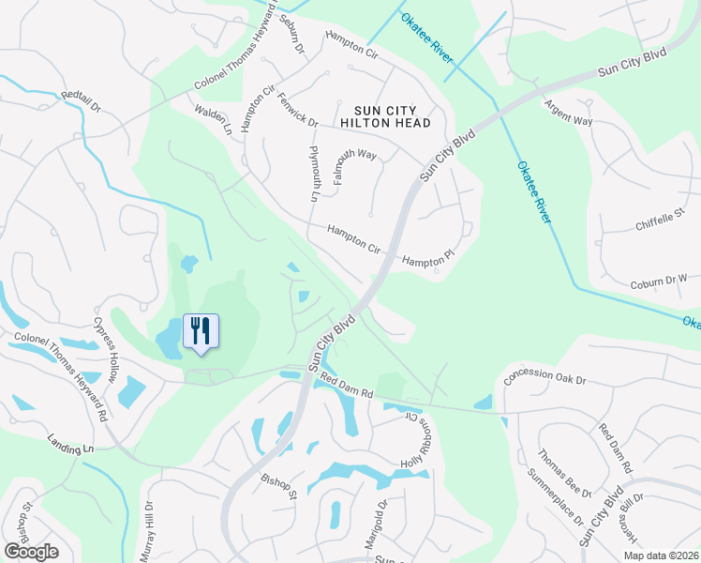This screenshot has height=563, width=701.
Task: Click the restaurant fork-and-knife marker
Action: [200, 331]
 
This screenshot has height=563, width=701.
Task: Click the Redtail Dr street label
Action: [81, 101]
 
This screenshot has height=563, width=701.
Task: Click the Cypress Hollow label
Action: [105, 348]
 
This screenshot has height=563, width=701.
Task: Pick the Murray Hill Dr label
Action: [147, 531]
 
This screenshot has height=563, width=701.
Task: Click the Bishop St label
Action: [279, 486]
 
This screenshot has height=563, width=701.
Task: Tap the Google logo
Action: [30, 552]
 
